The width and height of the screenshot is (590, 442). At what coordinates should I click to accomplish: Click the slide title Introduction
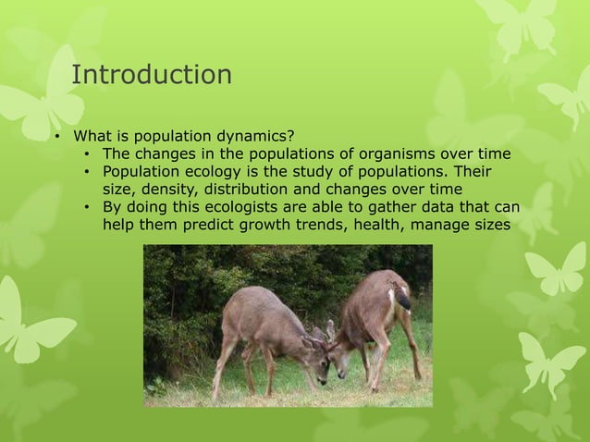tap(152, 75)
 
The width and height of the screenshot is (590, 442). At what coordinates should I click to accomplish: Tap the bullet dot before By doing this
tap(85, 207)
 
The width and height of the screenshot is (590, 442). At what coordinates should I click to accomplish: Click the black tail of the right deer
tap(403, 300)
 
